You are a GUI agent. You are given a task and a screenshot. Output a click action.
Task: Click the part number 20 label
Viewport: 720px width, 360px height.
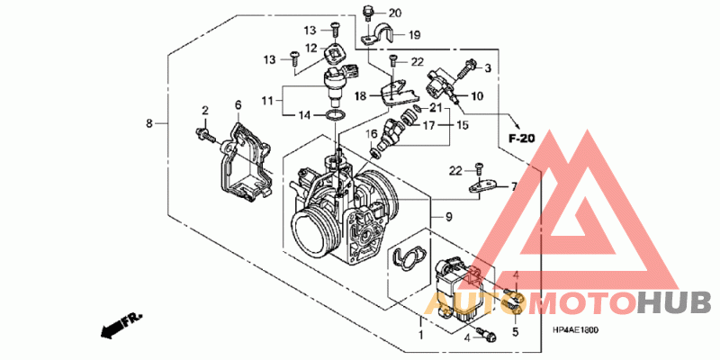point(395,13)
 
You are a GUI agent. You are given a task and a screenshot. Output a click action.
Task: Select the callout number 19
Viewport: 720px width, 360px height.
point(415,36)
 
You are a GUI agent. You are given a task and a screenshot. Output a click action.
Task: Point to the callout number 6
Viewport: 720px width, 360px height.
point(238,105)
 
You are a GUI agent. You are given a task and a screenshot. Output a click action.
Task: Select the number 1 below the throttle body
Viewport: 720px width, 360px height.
point(419,335)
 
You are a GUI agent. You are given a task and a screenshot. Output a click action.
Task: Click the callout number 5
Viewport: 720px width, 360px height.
point(516,332)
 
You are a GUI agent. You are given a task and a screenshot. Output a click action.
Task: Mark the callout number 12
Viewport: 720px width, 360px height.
point(310,49)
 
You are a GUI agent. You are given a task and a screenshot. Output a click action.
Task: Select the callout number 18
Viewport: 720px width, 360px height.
point(360,95)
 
